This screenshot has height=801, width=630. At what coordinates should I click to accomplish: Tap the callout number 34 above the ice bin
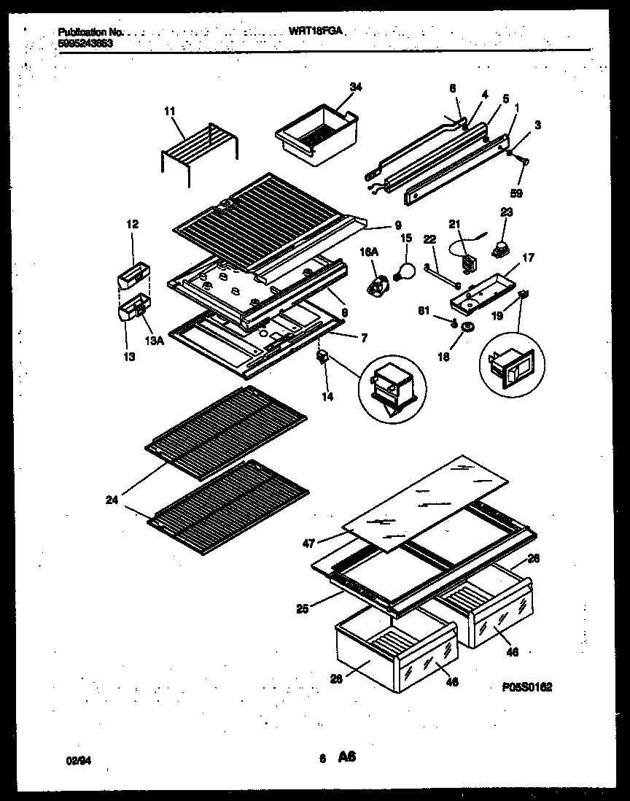point(355,88)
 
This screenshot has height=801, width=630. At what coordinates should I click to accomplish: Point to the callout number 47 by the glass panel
point(308,543)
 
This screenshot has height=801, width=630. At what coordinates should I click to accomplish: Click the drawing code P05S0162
point(527,686)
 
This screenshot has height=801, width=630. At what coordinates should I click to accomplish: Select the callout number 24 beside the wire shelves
point(112,500)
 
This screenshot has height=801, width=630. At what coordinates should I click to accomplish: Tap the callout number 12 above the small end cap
point(132,224)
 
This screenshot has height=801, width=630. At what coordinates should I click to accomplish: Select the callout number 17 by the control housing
point(527,257)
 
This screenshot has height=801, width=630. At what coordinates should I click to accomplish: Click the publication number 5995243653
point(85,43)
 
